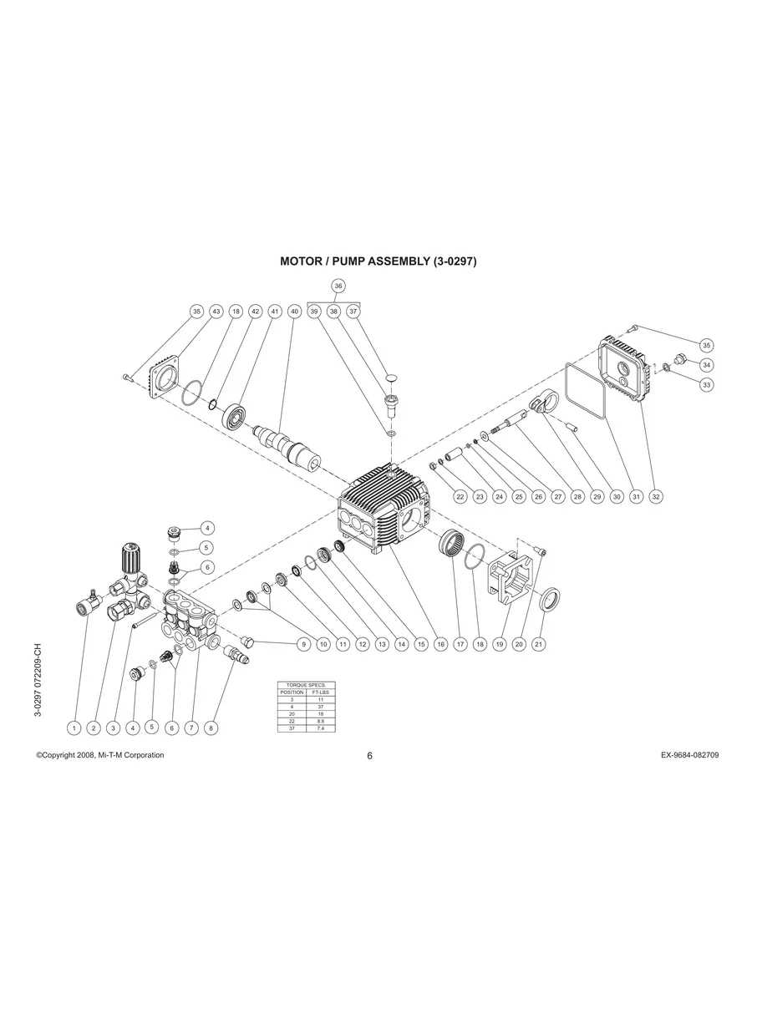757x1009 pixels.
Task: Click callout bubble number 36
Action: [338, 286]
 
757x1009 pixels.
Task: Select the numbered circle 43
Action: [216, 312]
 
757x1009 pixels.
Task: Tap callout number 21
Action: [539, 644]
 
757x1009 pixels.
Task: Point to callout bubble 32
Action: [656, 496]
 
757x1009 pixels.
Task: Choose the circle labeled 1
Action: [74, 728]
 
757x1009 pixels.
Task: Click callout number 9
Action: [303, 644]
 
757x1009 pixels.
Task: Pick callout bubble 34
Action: [706, 364]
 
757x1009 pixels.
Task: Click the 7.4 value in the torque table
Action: [320, 728]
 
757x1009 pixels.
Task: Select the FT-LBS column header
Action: [320, 692]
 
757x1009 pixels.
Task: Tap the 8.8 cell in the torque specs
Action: [320, 721]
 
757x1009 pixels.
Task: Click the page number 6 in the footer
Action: [369, 756]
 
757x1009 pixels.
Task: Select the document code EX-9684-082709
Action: [689, 755]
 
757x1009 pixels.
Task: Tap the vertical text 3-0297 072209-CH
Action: [38, 680]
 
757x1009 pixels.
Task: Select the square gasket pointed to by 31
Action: [585, 390]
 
